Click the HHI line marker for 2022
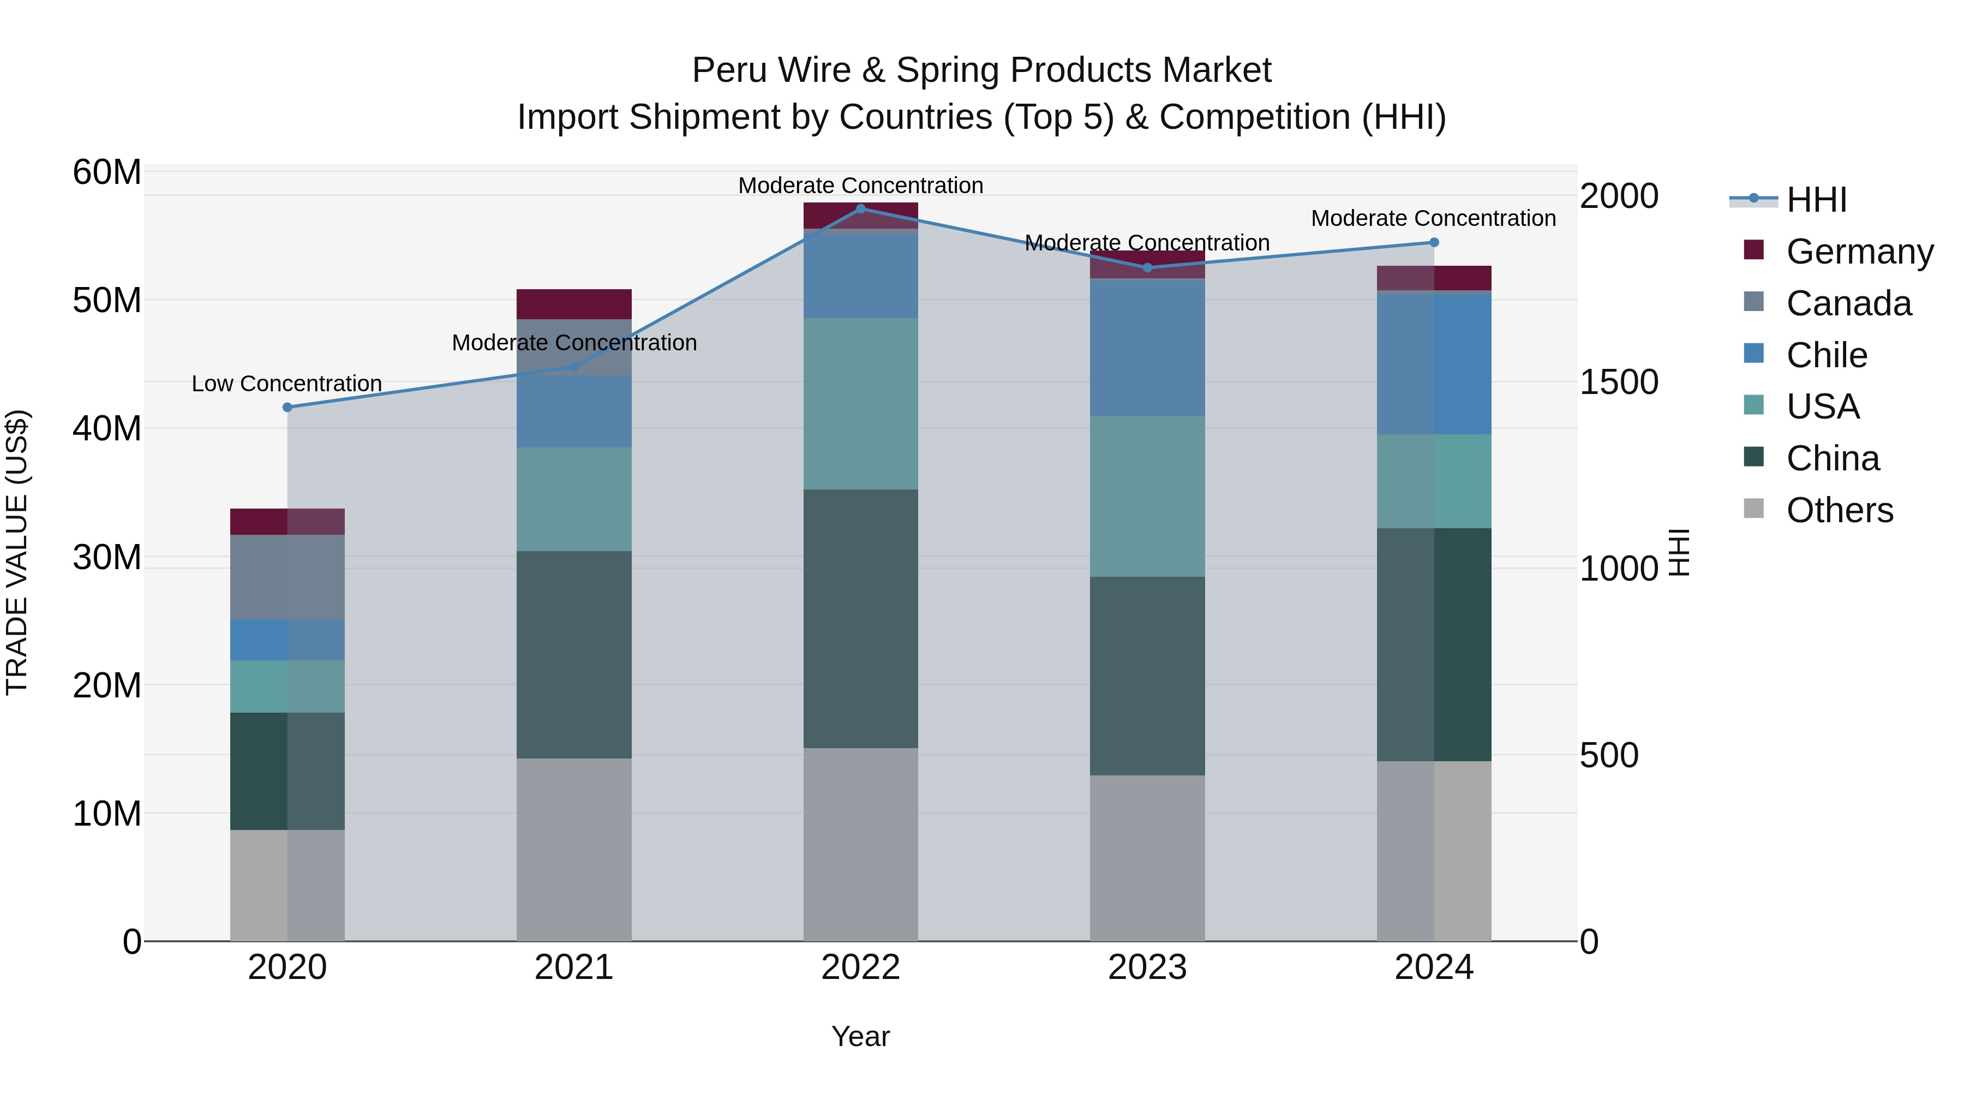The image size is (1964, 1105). pyautogui.click(x=861, y=208)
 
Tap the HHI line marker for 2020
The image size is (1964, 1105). pyautogui.click(x=288, y=407)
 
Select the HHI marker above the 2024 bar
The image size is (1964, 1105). pyautogui.click(x=1434, y=242)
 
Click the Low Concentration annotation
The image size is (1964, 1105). pyautogui.click(x=286, y=384)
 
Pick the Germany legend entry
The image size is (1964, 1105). pyautogui.click(x=1859, y=252)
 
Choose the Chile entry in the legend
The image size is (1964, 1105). pyautogui.click(x=1826, y=355)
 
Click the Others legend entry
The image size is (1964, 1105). pyautogui.click(x=1839, y=510)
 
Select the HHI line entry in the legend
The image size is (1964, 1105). pyautogui.click(x=1816, y=200)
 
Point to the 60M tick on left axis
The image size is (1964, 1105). pyautogui.click(x=107, y=172)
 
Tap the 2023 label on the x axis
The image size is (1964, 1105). pyautogui.click(x=1147, y=967)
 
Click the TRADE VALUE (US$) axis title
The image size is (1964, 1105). pyautogui.click(x=17, y=552)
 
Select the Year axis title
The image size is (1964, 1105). pyautogui.click(x=861, y=1036)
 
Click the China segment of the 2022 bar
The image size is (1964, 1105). pyautogui.click(x=861, y=618)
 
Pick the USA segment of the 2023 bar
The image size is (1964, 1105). pyautogui.click(x=1147, y=495)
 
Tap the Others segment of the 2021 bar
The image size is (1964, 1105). pyautogui.click(x=574, y=849)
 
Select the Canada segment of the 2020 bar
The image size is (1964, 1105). pyautogui.click(x=288, y=577)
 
